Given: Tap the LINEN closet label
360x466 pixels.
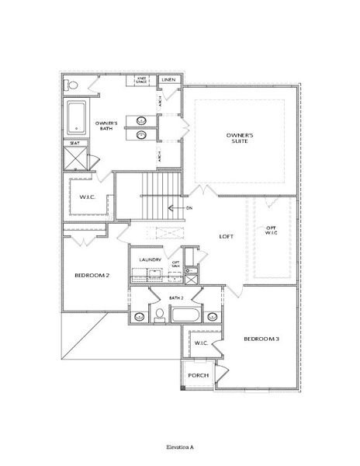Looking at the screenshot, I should click(168, 80).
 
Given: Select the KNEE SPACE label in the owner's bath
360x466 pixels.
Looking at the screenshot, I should click(143, 80).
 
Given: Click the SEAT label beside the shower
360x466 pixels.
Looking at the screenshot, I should click(74, 143).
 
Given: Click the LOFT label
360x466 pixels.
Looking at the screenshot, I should click(227, 237).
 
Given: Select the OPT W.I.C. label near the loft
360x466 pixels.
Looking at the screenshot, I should click(271, 231).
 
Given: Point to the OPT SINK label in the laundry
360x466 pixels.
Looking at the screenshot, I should click(176, 265).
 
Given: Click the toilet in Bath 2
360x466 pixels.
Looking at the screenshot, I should click(158, 313).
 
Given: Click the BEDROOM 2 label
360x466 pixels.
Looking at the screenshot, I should click(92, 276).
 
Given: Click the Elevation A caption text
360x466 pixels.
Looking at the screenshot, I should click(179, 448).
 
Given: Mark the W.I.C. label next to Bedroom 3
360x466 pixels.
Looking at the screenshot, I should click(200, 342).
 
